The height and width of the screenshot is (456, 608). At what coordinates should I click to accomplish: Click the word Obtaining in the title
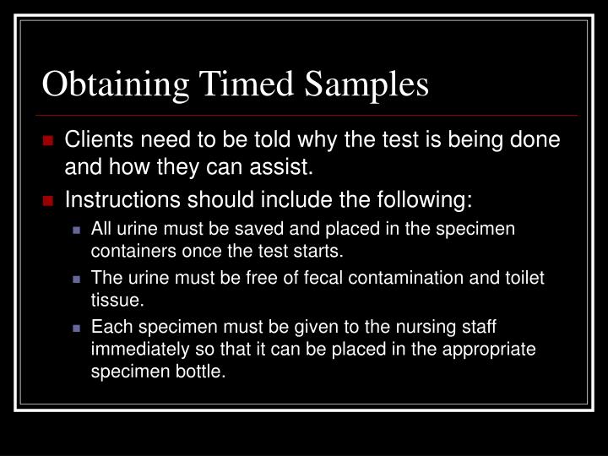click(x=117, y=86)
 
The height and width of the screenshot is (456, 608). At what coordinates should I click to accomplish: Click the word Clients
click(x=99, y=140)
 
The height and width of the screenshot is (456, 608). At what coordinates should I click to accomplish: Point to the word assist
click(x=285, y=167)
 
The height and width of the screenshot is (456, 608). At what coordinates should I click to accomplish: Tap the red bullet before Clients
click(x=50, y=141)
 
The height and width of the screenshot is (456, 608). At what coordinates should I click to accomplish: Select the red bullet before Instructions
click(x=50, y=202)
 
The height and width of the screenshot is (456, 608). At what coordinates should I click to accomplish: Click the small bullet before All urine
click(x=78, y=230)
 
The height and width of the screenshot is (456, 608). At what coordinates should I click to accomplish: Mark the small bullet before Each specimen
click(x=78, y=326)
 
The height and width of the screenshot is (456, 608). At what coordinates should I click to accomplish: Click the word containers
click(x=128, y=252)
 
